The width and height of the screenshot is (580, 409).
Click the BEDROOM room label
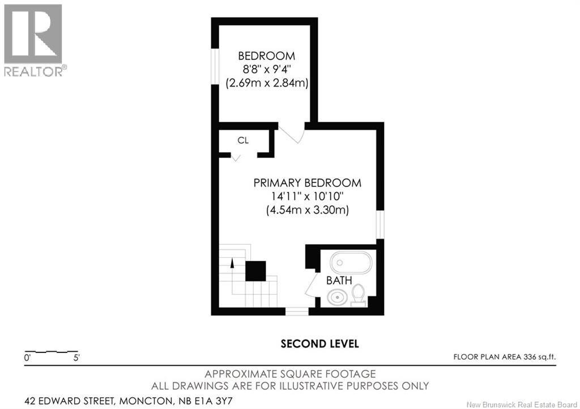click(266, 56)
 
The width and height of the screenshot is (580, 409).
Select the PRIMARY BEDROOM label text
click(307, 183)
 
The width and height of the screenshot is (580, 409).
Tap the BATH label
click(339, 280)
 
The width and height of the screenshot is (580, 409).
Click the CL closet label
click(243, 140)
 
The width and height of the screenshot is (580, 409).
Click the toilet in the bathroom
click(358, 295)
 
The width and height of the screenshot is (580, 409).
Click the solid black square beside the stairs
click(255, 271)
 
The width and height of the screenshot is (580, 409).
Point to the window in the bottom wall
click(296, 311)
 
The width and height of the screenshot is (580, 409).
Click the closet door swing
click(235, 157)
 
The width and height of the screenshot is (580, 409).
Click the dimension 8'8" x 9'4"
click(266, 70)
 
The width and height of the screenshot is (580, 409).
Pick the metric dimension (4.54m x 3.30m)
click(307, 210)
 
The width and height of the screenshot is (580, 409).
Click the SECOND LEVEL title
click(320, 344)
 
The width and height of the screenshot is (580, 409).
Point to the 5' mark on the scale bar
click(75, 358)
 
